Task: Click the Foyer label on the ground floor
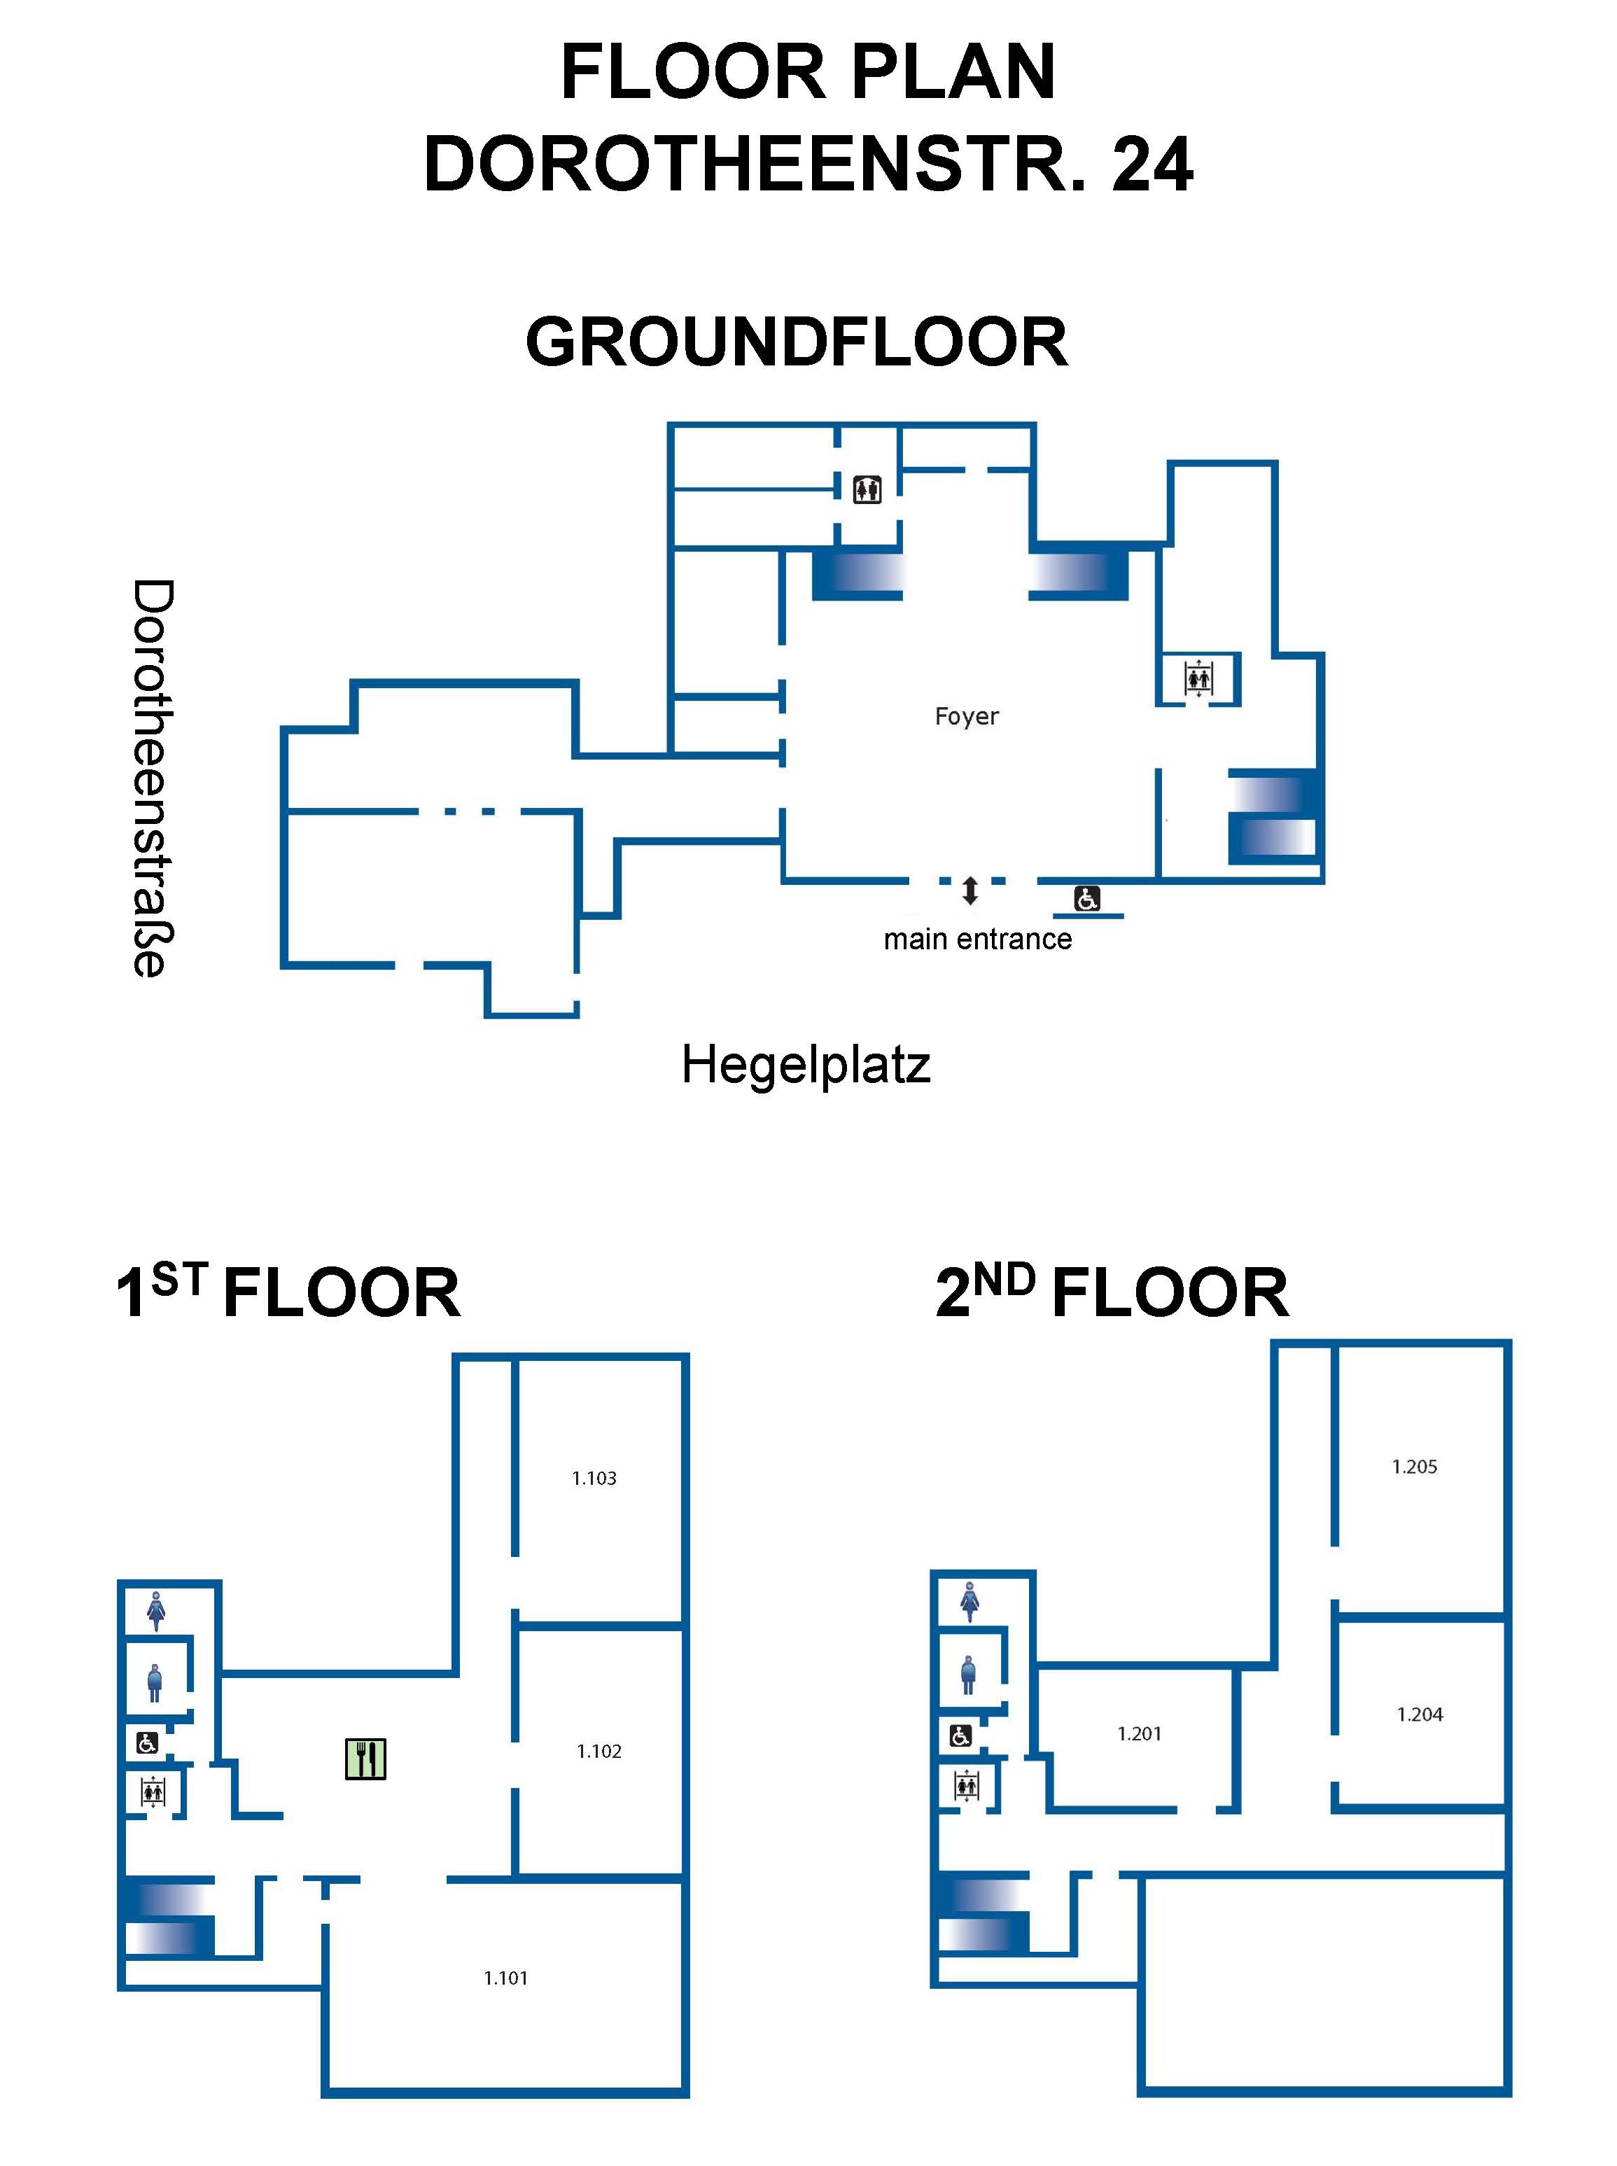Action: pyautogui.click(x=966, y=716)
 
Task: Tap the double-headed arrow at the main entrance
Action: pyautogui.click(x=970, y=890)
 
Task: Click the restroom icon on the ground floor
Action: pyautogui.click(x=867, y=489)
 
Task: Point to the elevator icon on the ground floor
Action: pyautogui.click(x=1199, y=677)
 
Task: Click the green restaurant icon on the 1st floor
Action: pyautogui.click(x=366, y=1759)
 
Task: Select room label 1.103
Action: pyautogui.click(x=594, y=1478)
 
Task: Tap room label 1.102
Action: pyautogui.click(x=599, y=1751)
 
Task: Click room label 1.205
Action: pyautogui.click(x=1415, y=1466)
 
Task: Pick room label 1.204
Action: pyautogui.click(x=1420, y=1714)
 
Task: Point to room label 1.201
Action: pyautogui.click(x=1140, y=1733)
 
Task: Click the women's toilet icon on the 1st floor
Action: pyautogui.click(x=155, y=1610)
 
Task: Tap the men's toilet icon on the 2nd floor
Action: pyautogui.click(x=968, y=1675)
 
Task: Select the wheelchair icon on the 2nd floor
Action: pyautogui.click(x=961, y=1735)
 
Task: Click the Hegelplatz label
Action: pyautogui.click(x=806, y=1065)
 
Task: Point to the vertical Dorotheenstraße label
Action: pyautogui.click(x=153, y=778)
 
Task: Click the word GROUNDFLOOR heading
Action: pyautogui.click(x=797, y=342)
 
